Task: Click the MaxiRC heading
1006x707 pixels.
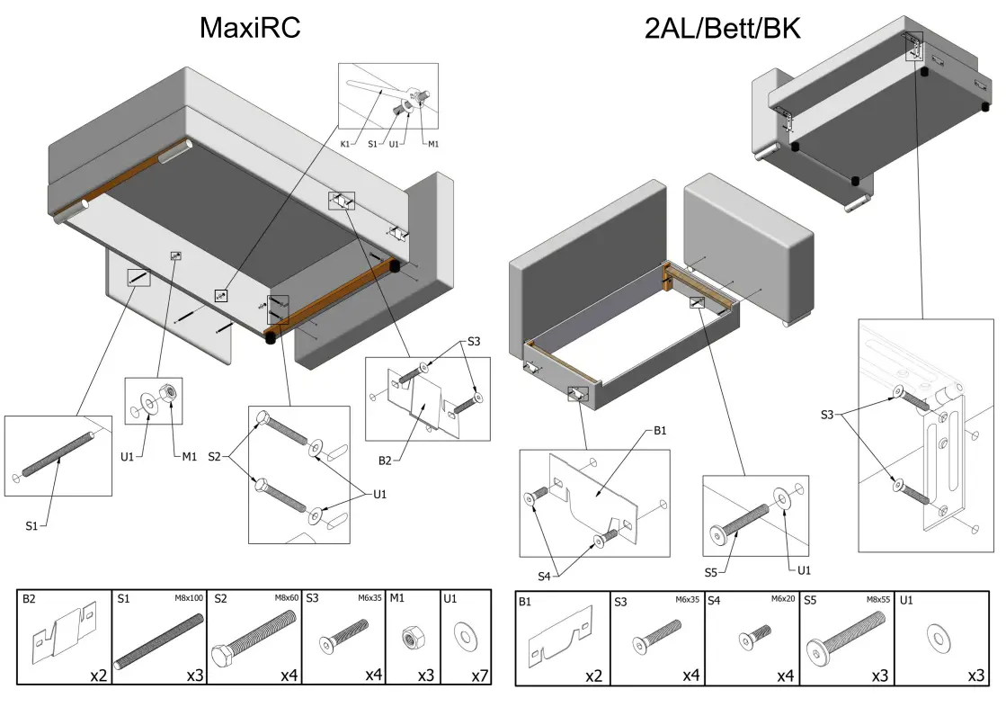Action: [x=249, y=29]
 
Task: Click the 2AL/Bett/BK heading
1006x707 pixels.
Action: [x=722, y=29]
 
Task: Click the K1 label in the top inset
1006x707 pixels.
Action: [x=346, y=144]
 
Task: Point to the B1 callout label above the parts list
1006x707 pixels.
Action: [x=660, y=430]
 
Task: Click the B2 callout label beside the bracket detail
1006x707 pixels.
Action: [x=385, y=461]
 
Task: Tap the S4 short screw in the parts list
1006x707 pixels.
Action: [x=749, y=641]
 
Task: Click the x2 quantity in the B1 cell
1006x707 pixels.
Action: [x=592, y=675]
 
